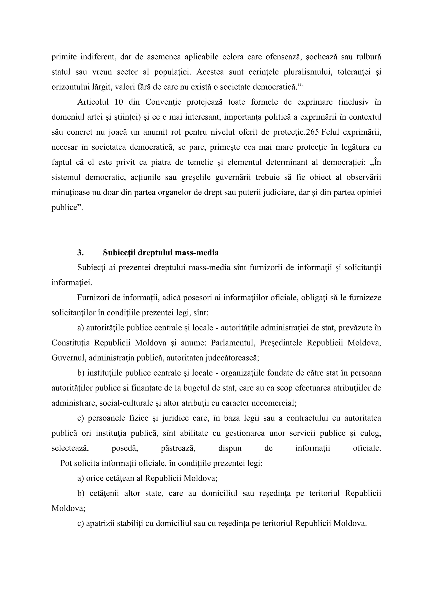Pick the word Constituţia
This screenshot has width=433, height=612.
70,343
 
